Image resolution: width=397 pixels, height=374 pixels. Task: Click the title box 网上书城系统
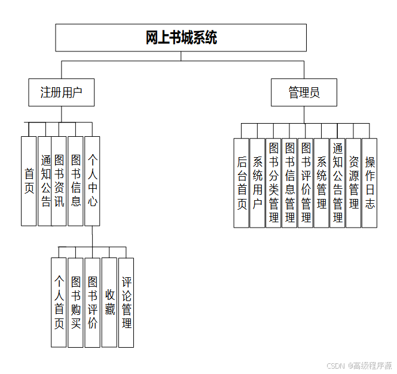point(181,38)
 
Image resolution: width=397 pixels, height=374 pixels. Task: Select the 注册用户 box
point(61,92)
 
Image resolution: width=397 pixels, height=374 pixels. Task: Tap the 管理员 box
point(304,92)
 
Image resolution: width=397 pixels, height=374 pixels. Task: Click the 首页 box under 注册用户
point(29,181)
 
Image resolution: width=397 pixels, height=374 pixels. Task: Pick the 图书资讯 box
point(59,181)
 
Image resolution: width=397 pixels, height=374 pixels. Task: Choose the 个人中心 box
point(92,181)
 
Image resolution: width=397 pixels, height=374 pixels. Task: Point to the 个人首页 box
point(59,302)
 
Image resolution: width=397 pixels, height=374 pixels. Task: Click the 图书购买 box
point(75,302)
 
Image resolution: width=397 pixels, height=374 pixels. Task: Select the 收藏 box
point(109,302)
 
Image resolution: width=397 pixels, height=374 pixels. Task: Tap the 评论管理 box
point(126,302)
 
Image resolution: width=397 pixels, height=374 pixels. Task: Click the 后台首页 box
point(241,183)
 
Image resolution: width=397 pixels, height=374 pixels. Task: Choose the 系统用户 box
point(257,183)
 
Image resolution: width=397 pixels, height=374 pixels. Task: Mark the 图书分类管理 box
point(273,183)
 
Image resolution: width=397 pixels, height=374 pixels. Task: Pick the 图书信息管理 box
point(289,183)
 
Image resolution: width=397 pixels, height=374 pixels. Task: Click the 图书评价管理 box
point(306,183)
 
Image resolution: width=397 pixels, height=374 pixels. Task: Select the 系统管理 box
point(322,183)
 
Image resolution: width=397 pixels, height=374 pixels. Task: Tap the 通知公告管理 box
point(337,183)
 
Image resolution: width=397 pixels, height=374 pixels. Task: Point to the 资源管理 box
point(353,183)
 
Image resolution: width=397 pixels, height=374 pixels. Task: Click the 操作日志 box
point(369,183)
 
